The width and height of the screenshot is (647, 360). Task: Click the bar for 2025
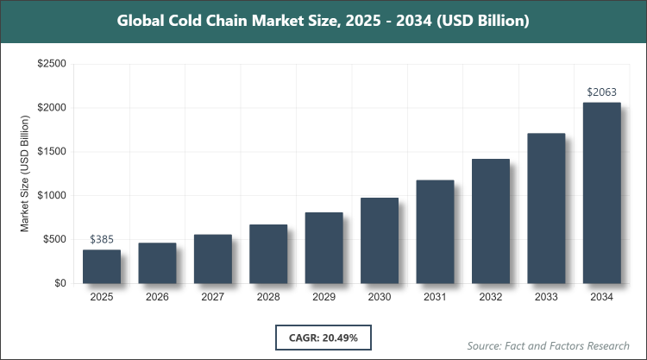(102, 267)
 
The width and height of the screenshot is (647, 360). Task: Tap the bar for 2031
(436, 231)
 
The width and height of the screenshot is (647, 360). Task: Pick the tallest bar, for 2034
(602, 193)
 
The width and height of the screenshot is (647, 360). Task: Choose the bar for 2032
(491, 221)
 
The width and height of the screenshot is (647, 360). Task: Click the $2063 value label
(602, 92)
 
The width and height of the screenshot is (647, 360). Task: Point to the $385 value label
(102, 238)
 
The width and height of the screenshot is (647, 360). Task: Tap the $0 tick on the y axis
(60, 283)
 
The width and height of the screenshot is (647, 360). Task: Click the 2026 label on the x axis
(157, 296)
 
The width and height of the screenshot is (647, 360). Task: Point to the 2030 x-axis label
(380, 296)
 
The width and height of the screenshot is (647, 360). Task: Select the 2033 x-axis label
(546, 296)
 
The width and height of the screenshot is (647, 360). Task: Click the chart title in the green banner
(323, 20)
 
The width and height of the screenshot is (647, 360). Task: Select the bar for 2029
(324, 248)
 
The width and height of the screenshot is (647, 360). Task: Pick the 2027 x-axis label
(213, 296)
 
